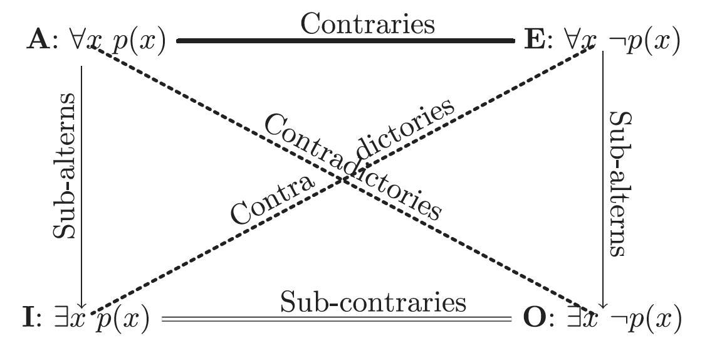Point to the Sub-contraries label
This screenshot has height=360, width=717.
pyautogui.click(x=373, y=302)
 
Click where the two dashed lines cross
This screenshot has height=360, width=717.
pyautogui.click(x=342, y=179)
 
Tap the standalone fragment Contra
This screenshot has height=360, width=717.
pyautogui.click(x=271, y=201)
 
